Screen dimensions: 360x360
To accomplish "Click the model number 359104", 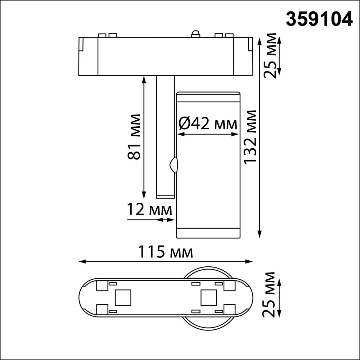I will (x=319, y=19).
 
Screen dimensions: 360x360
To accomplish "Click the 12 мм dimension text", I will (x=149, y=210).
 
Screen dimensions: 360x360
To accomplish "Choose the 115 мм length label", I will (x=165, y=252).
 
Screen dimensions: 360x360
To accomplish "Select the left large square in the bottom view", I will (x=123, y=298).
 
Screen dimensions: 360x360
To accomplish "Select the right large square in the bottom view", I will (x=209, y=298).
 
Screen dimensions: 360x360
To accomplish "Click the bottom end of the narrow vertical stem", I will (x=165, y=196).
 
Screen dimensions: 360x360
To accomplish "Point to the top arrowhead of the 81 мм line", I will (x=144, y=79).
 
